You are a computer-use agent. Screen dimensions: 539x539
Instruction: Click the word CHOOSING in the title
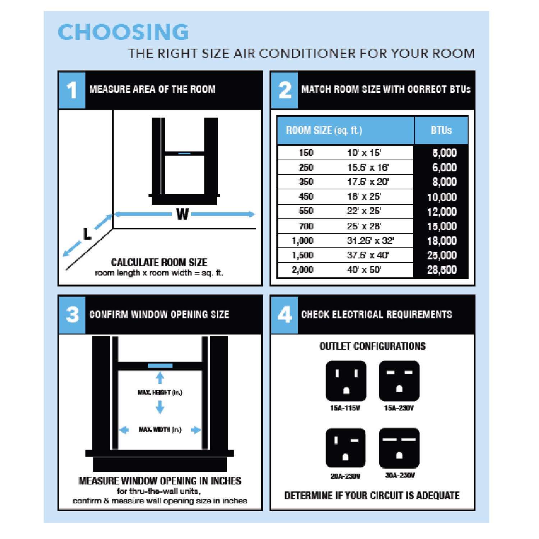(x=123, y=32)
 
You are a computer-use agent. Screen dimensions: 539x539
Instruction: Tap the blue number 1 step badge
(x=72, y=90)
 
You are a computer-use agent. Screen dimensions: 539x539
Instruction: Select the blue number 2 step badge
(x=285, y=90)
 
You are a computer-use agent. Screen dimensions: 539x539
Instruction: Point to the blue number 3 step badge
(x=72, y=315)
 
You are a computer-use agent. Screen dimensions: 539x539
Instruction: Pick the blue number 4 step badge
(x=285, y=315)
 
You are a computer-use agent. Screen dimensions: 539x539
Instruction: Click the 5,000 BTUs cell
(x=444, y=153)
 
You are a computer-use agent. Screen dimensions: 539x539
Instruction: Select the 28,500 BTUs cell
(x=442, y=270)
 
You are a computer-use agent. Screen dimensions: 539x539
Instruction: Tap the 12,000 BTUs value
(x=442, y=212)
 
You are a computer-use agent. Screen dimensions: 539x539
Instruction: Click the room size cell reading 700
(x=306, y=226)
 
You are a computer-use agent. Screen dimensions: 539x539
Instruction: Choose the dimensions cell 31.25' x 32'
(x=370, y=241)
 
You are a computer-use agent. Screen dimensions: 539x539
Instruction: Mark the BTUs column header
(x=441, y=130)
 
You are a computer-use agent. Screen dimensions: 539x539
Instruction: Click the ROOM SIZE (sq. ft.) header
(x=324, y=130)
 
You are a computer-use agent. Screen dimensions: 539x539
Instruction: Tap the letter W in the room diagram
(x=183, y=215)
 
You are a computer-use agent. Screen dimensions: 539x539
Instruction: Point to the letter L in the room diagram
(x=87, y=234)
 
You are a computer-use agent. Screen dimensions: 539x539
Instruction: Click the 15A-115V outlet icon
(x=346, y=381)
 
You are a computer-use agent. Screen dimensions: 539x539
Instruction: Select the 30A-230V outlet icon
(x=399, y=448)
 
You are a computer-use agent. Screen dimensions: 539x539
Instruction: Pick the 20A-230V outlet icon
(x=346, y=448)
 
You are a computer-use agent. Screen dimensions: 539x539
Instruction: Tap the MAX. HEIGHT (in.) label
(x=160, y=392)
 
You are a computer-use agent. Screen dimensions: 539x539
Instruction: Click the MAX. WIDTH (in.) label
(x=160, y=429)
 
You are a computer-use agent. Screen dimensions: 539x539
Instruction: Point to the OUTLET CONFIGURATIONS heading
(x=373, y=346)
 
